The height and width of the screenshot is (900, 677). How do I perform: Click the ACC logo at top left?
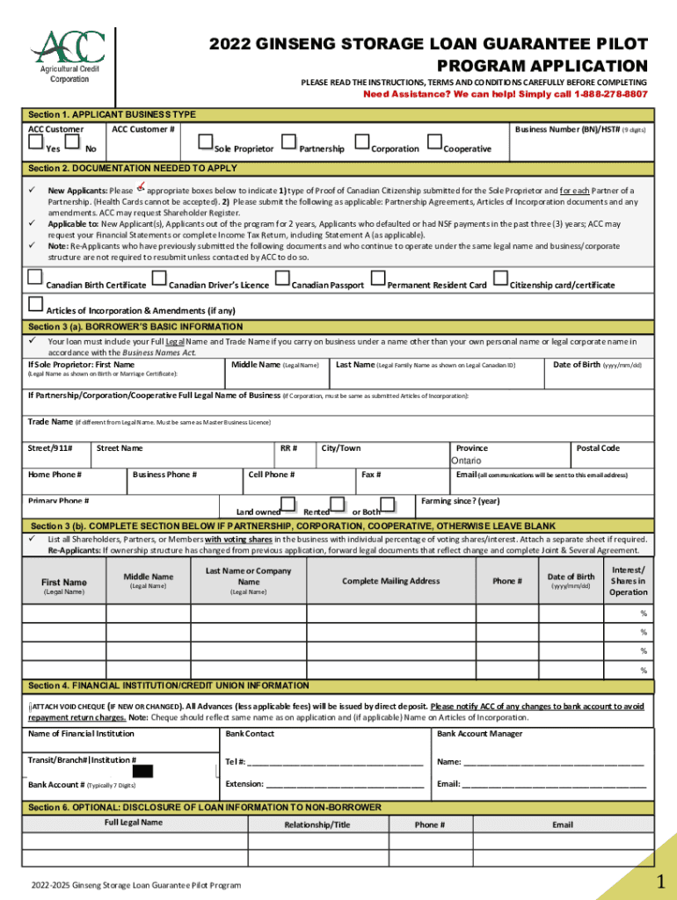click(69, 54)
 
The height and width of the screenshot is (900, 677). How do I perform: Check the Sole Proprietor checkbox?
click(206, 142)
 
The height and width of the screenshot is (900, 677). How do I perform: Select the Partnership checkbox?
click(288, 142)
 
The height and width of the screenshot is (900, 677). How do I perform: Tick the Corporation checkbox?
click(361, 142)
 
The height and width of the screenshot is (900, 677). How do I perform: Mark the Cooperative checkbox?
click(433, 142)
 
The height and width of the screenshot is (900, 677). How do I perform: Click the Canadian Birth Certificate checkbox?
click(35, 279)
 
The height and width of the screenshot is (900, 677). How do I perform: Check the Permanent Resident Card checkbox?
click(378, 279)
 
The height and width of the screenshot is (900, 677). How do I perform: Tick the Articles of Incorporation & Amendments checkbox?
click(36, 304)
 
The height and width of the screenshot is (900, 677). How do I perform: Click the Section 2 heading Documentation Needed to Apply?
click(132, 168)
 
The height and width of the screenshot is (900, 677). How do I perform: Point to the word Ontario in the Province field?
click(466, 461)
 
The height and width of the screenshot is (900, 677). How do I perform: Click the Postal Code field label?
click(598, 448)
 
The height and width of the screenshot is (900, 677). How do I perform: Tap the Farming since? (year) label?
click(460, 501)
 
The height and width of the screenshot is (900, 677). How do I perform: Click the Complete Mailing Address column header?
click(390, 581)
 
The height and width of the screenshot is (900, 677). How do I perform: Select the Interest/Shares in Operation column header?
click(629, 581)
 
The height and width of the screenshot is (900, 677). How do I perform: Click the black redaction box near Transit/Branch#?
click(143, 772)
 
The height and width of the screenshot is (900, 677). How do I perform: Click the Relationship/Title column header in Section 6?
click(317, 824)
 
